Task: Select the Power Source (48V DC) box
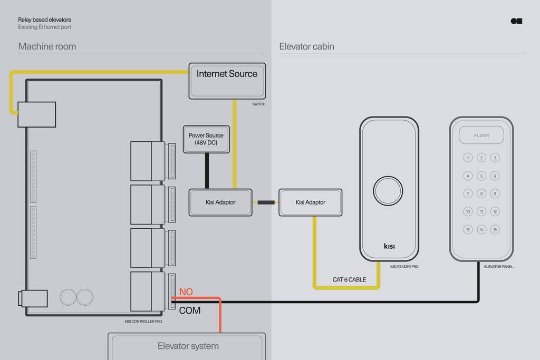pos(206,139)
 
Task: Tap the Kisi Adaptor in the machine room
pos(220,202)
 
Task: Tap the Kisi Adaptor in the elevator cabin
pos(310,202)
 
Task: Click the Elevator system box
pos(187,346)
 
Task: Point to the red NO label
pos(186,292)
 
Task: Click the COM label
pos(190,310)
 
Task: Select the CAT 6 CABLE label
pos(349,279)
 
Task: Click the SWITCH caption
pos(258,104)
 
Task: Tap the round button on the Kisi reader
pos(388,191)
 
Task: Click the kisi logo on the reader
pos(389,246)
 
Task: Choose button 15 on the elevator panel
pos(495,229)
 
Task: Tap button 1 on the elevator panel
pos(468,158)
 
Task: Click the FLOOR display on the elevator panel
pos(481,135)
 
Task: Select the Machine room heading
pos(47,46)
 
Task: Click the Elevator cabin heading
pos(306,46)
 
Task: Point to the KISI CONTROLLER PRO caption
pos(143,322)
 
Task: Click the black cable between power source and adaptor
pos(207,171)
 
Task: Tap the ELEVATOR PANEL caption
pos(498,267)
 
